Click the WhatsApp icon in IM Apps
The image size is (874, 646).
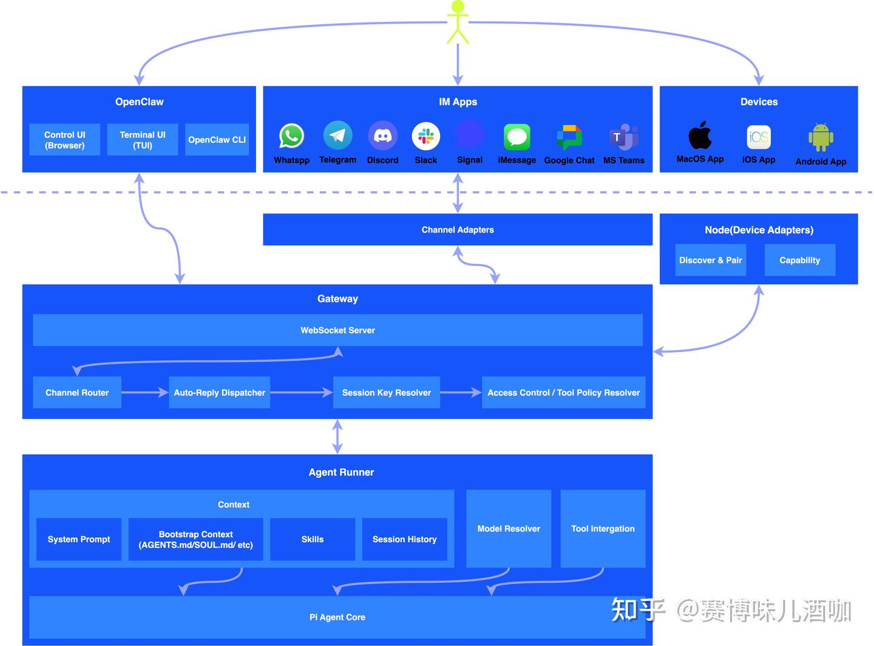(x=291, y=135)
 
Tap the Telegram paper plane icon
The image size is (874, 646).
(x=337, y=135)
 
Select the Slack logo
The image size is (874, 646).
(x=425, y=136)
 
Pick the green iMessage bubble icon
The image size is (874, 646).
(x=517, y=137)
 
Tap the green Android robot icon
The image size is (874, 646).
(x=821, y=137)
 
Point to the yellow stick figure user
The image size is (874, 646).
(x=458, y=22)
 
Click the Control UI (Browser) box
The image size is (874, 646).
(x=64, y=140)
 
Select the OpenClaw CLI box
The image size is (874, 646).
(x=217, y=140)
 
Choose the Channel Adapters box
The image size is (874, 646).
(x=458, y=229)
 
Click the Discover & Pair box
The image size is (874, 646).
(x=711, y=260)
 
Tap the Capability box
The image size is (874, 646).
(x=800, y=260)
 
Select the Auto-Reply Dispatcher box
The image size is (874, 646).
(x=220, y=393)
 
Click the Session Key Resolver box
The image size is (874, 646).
(x=387, y=393)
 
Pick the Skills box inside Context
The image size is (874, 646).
(x=313, y=539)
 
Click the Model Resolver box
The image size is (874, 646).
(x=509, y=529)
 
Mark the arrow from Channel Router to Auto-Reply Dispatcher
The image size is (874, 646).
(x=145, y=393)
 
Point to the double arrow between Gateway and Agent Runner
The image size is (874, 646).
(x=337, y=437)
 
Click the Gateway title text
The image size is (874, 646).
(x=337, y=299)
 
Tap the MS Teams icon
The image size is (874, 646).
(x=624, y=137)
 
